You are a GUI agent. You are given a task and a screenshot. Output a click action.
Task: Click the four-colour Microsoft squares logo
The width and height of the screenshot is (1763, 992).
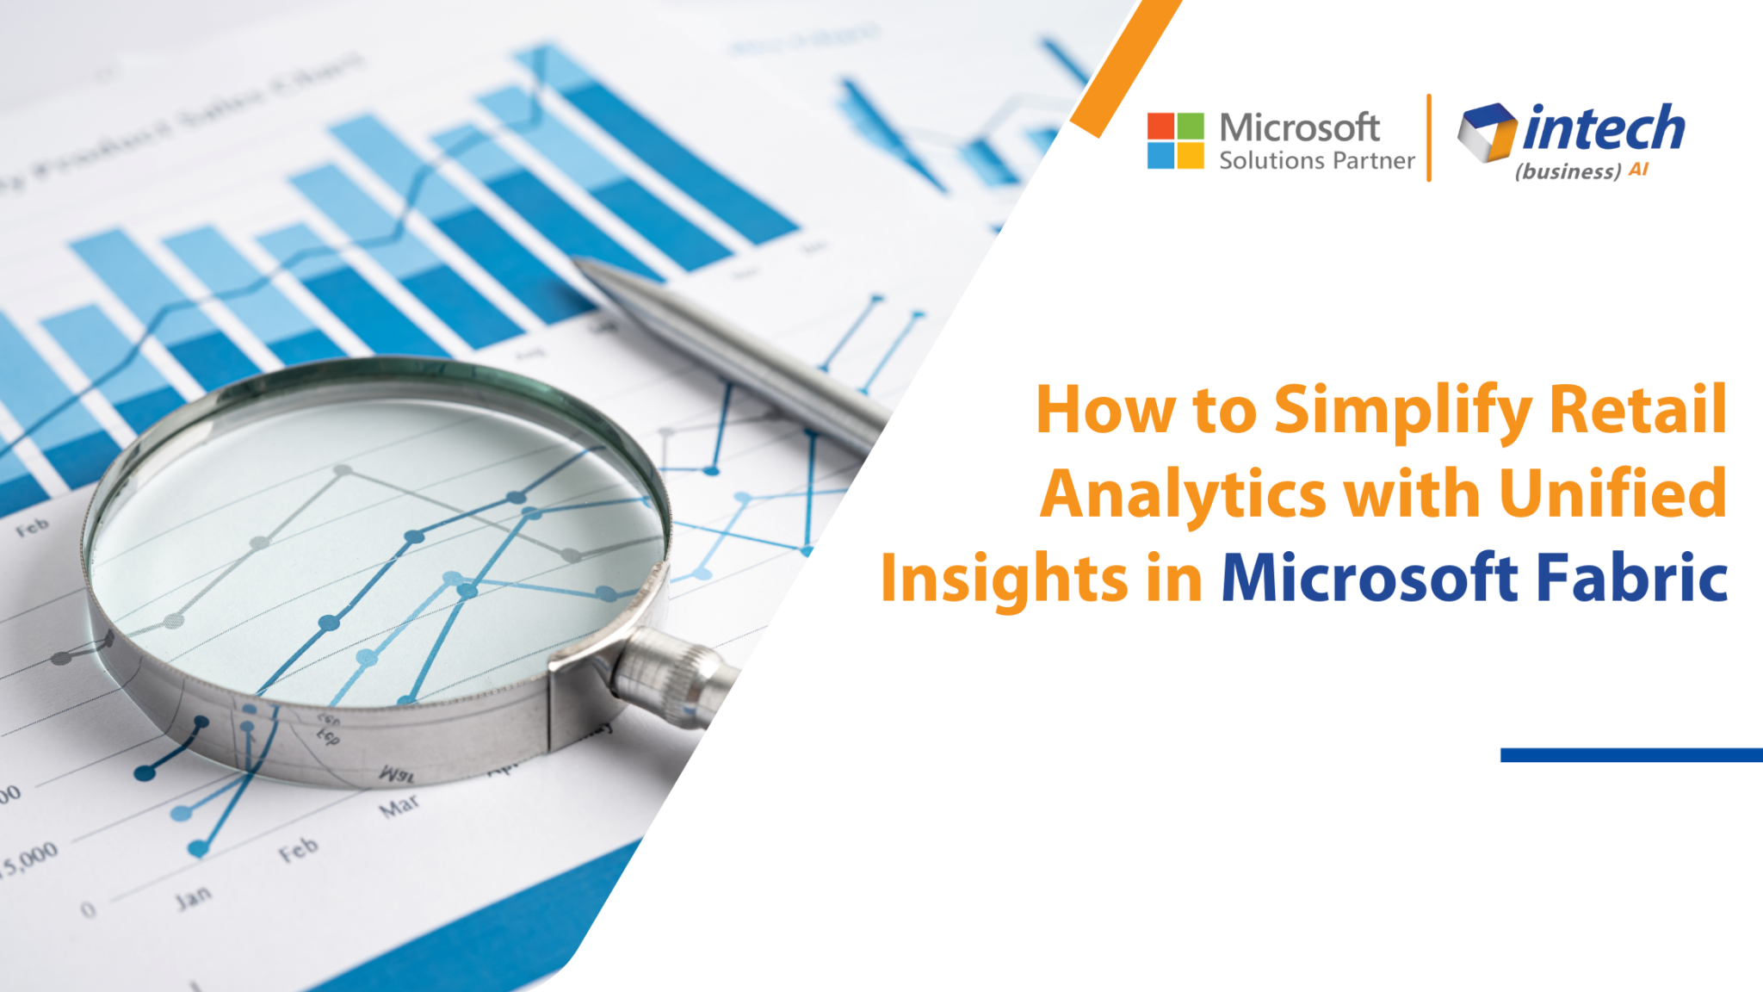click(x=1175, y=140)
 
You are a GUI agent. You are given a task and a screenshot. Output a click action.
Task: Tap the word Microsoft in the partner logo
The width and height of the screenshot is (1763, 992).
click(x=1299, y=128)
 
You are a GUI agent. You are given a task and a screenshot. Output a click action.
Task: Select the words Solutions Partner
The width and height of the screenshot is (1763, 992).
click(x=1316, y=161)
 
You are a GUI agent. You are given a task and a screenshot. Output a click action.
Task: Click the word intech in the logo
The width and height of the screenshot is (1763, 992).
click(x=1604, y=129)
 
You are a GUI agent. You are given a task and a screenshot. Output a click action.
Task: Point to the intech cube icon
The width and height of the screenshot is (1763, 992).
click(x=1487, y=132)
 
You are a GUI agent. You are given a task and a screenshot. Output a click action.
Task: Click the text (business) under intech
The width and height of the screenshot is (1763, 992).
click(x=1568, y=171)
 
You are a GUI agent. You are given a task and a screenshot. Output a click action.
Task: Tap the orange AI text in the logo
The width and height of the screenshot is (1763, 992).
click(x=1638, y=170)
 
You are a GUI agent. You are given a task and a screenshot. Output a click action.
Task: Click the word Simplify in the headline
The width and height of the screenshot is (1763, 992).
click(x=1402, y=410)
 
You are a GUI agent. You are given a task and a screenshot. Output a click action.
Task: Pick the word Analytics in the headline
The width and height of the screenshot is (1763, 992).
click(x=1183, y=494)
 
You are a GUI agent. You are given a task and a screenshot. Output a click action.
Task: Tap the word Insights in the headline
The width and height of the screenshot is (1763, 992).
click(x=1004, y=579)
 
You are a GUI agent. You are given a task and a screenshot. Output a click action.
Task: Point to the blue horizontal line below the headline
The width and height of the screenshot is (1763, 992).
click(x=1630, y=755)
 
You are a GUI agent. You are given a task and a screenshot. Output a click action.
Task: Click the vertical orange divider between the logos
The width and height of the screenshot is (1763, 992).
click(x=1429, y=138)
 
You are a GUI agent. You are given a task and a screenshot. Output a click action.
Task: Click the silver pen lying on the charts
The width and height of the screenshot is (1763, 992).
click(x=732, y=344)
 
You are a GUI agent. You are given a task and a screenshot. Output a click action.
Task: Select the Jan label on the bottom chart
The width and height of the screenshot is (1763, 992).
click(x=193, y=897)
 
